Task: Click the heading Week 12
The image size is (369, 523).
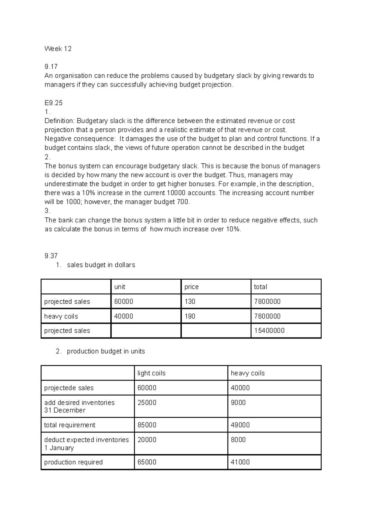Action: coord(58,49)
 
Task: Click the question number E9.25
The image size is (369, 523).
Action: coord(54,103)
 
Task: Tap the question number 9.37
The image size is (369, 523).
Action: coord(51,256)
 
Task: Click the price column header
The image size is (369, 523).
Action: coord(192,287)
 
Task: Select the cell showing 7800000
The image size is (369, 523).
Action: coord(267,302)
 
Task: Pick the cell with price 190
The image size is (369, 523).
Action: coord(190,316)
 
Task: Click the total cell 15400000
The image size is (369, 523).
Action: coord(269,331)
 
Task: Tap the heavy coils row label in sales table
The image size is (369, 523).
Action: coord(61,316)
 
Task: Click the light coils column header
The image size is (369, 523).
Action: coord(151,373)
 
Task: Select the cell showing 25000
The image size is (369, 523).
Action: coord(147,403)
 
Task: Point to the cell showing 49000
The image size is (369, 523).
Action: coord(240,425)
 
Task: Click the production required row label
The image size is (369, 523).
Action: coord(73,462)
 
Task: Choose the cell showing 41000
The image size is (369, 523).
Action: coord(240,462)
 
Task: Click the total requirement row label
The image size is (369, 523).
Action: coord(70,425)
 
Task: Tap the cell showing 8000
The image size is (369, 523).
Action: coord(238,440)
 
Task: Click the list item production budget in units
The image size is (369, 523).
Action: coord(106,351)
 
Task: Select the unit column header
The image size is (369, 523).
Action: coord(120,287)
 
